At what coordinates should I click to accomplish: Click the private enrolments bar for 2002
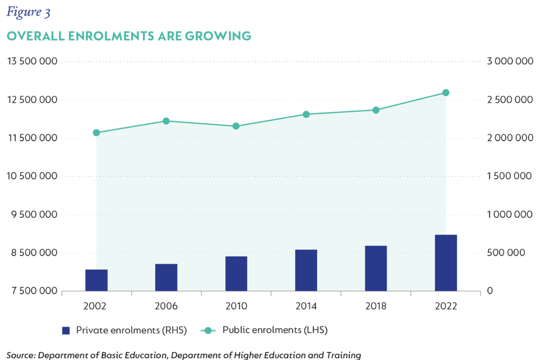click(x=96, y=280)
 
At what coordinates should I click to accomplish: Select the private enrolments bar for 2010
click(x=236, y=273)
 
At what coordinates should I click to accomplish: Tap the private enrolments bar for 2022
click(x=445, y=262)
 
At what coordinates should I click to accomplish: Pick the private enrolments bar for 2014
click(x=306, y=270)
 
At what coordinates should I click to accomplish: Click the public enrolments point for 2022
click(x=445, y=93)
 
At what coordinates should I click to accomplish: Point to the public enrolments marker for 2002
click(x=96, y=133)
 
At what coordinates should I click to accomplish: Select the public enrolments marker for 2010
click(x=236, y=126)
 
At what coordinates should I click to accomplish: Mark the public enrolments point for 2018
click(x=376, y=110)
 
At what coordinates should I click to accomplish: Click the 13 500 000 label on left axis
click(x=32, y=62)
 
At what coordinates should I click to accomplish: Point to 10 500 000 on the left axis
click(x=32, y=176)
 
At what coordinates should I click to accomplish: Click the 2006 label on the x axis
click(x=166, y=306)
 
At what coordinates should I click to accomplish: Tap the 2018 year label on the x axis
click(x=376, y=306)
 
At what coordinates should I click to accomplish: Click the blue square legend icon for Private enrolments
click(x=66, y=330)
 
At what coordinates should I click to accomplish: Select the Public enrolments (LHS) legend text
click(x=275, y=330)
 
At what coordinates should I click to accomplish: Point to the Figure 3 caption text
click(x=28, y=12)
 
